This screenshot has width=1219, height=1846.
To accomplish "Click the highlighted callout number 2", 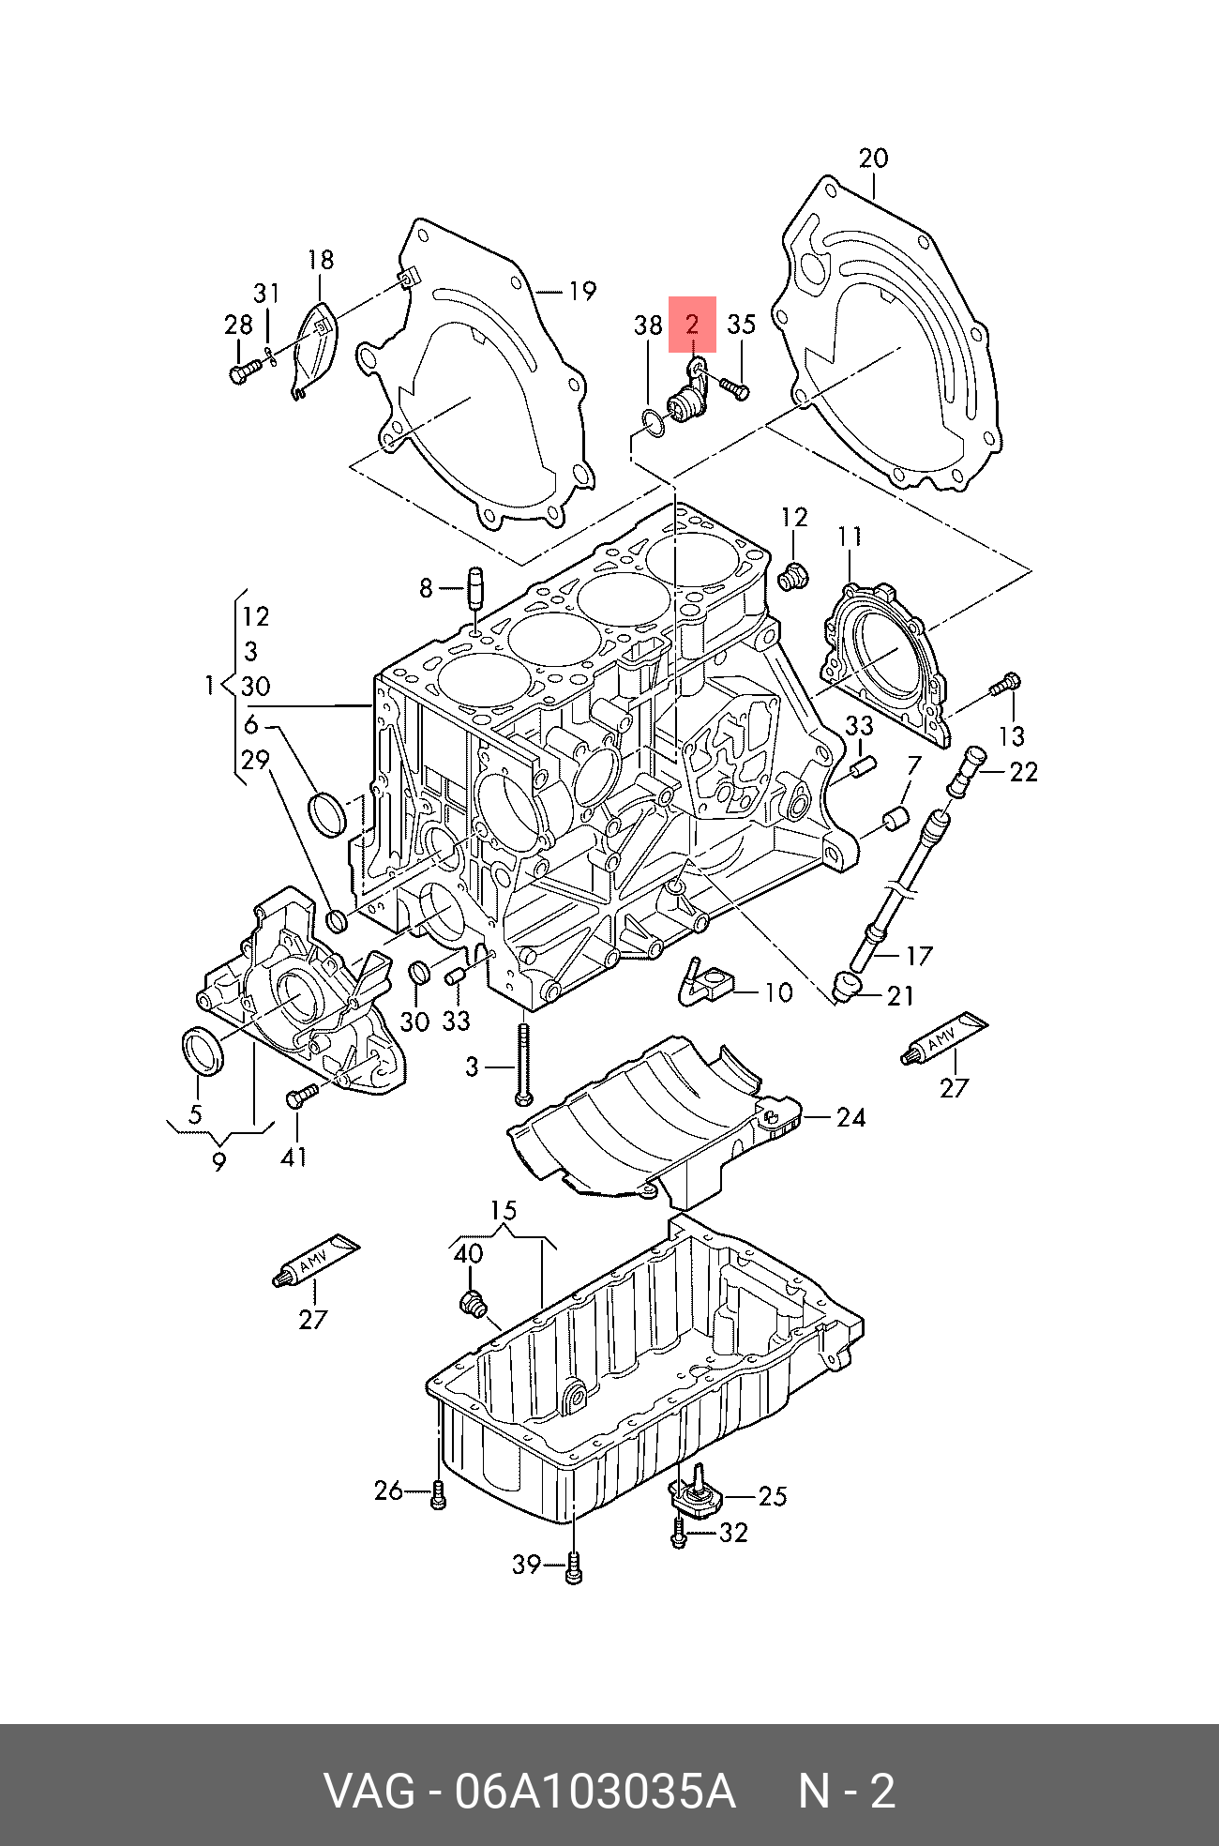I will point(692,325).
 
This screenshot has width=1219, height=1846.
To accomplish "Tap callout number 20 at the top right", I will point(873,158).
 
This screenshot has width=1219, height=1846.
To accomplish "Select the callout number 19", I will point(582,291).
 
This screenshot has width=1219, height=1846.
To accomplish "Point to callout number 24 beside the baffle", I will point(850,1117).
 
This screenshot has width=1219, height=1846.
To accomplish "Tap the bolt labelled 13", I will point(1004,687).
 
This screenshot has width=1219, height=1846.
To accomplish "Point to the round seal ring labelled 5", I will point(202,1051).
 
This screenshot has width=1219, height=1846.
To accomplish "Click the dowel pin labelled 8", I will point(474,588).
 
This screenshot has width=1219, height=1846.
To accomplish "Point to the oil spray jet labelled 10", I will point(703,984).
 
